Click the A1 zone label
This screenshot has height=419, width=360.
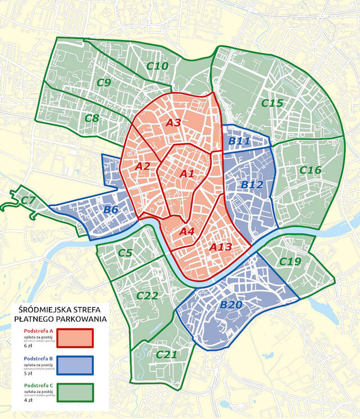(187, 174)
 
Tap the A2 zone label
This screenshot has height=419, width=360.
(143, 166)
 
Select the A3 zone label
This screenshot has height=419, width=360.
(173, 122)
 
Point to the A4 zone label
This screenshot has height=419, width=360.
(187, 230)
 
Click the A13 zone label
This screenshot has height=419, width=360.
(220, 247)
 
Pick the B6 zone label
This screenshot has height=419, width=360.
(111, 210)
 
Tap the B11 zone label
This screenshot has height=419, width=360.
(239, 141)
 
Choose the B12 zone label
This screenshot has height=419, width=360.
(252, 184)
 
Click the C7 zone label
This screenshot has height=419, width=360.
(28, 201)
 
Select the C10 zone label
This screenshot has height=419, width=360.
(157, 66)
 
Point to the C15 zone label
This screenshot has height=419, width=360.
(272, 103)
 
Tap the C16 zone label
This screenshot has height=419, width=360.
(310, 170)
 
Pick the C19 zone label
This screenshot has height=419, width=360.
(290, 261)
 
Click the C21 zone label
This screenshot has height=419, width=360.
(167, 354)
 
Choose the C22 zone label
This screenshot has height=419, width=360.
(147, 296)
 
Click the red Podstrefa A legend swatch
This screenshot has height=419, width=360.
(72, 338)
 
